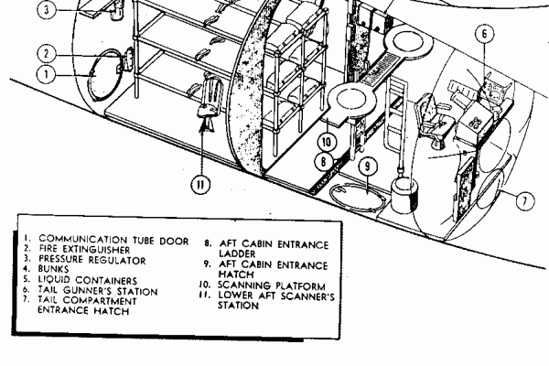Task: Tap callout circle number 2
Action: [48, 53]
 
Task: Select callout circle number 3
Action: [48, 11]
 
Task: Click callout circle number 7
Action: [524, 199]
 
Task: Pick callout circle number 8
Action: [323, 162]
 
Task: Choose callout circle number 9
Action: [366, 167]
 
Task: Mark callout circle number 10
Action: [327, 142]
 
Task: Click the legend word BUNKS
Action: [54, 269]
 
